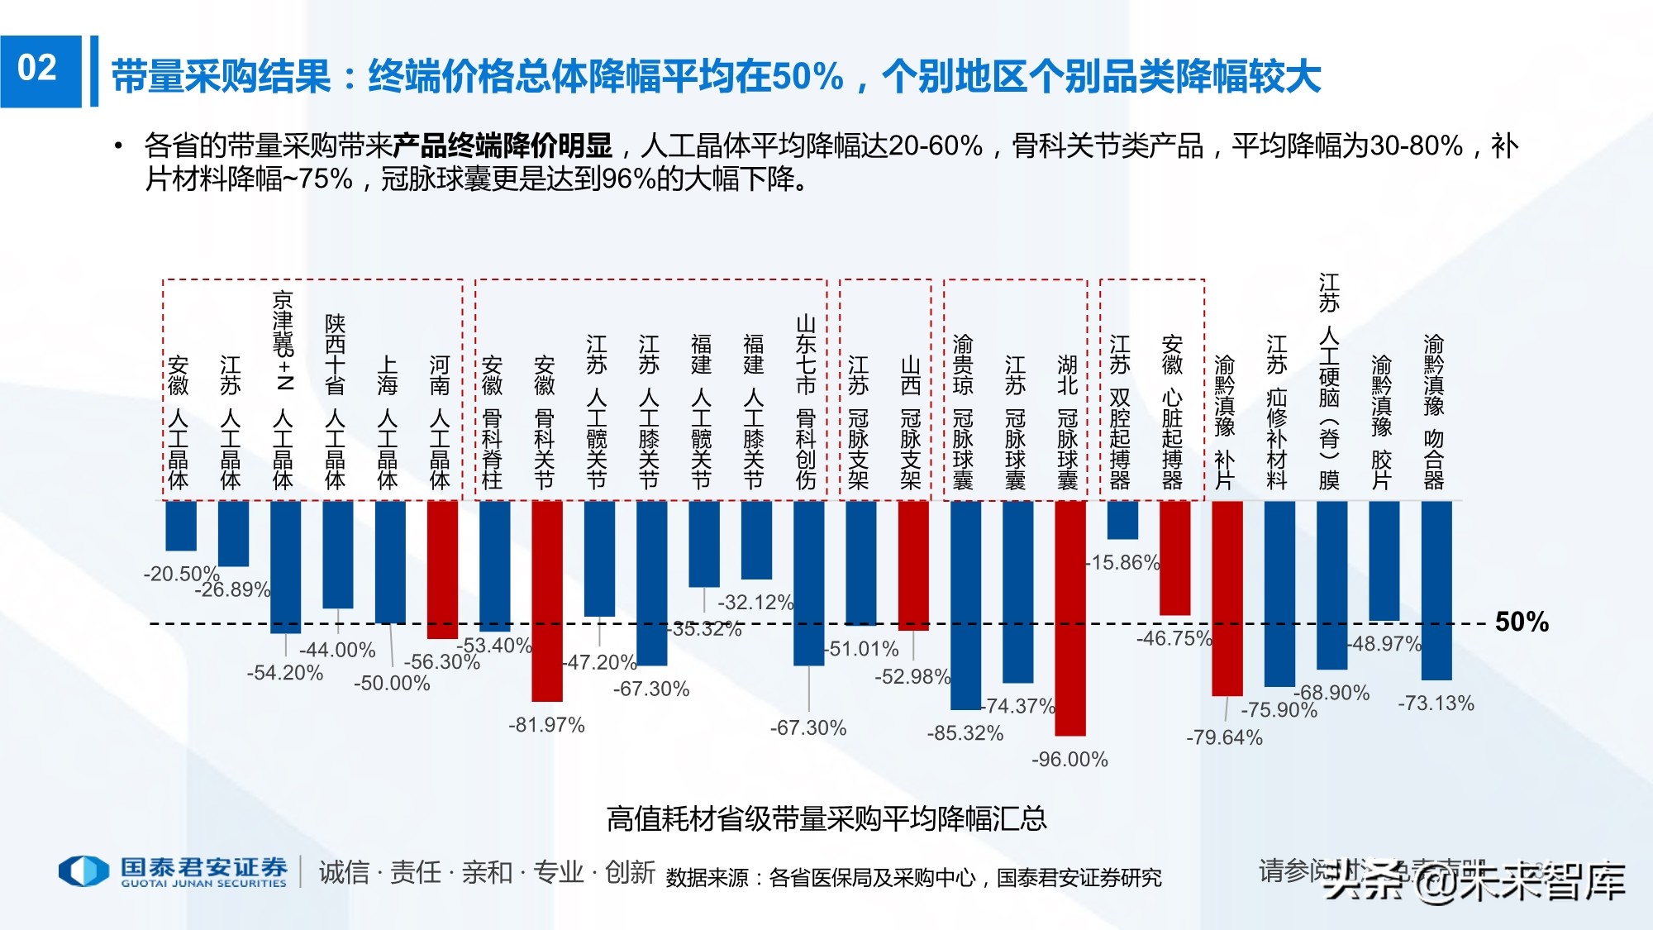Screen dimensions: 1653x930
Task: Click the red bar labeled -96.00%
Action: [1070, 618]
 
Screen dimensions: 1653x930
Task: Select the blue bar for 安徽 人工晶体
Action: [181, 525]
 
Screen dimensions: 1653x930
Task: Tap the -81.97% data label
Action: [546, 725]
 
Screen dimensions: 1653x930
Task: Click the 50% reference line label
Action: [1522, 622]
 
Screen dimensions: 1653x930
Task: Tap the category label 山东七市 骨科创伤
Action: [806, 402]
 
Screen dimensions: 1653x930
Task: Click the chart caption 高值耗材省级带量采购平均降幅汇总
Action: [826, 818]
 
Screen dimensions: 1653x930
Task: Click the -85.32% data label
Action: [965, 733]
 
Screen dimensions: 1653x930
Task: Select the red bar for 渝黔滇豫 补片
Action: [1227, 598]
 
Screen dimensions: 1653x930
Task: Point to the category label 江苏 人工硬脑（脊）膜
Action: [1329, 382]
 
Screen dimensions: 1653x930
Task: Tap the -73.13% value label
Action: [1436, 703]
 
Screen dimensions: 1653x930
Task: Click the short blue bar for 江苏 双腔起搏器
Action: [1122, 520]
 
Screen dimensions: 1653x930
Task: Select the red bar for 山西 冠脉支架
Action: [913, 565]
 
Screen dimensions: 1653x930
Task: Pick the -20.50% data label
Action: [181, 574]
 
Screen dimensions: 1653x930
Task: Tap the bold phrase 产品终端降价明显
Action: [503, 146]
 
